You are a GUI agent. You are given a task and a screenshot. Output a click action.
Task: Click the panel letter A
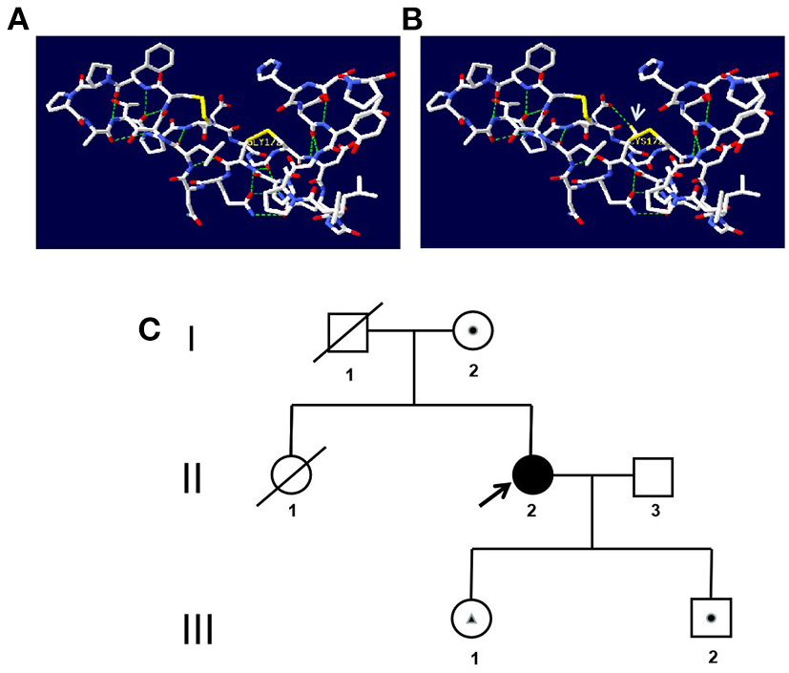pos(17,18)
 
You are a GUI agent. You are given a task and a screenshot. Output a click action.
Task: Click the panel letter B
pos(412,18)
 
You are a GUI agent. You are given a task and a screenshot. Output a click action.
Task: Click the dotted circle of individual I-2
pos(471,331)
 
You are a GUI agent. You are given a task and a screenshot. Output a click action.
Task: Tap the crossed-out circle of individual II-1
pos(292,473)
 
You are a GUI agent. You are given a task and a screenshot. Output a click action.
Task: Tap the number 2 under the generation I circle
pos(472,371)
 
